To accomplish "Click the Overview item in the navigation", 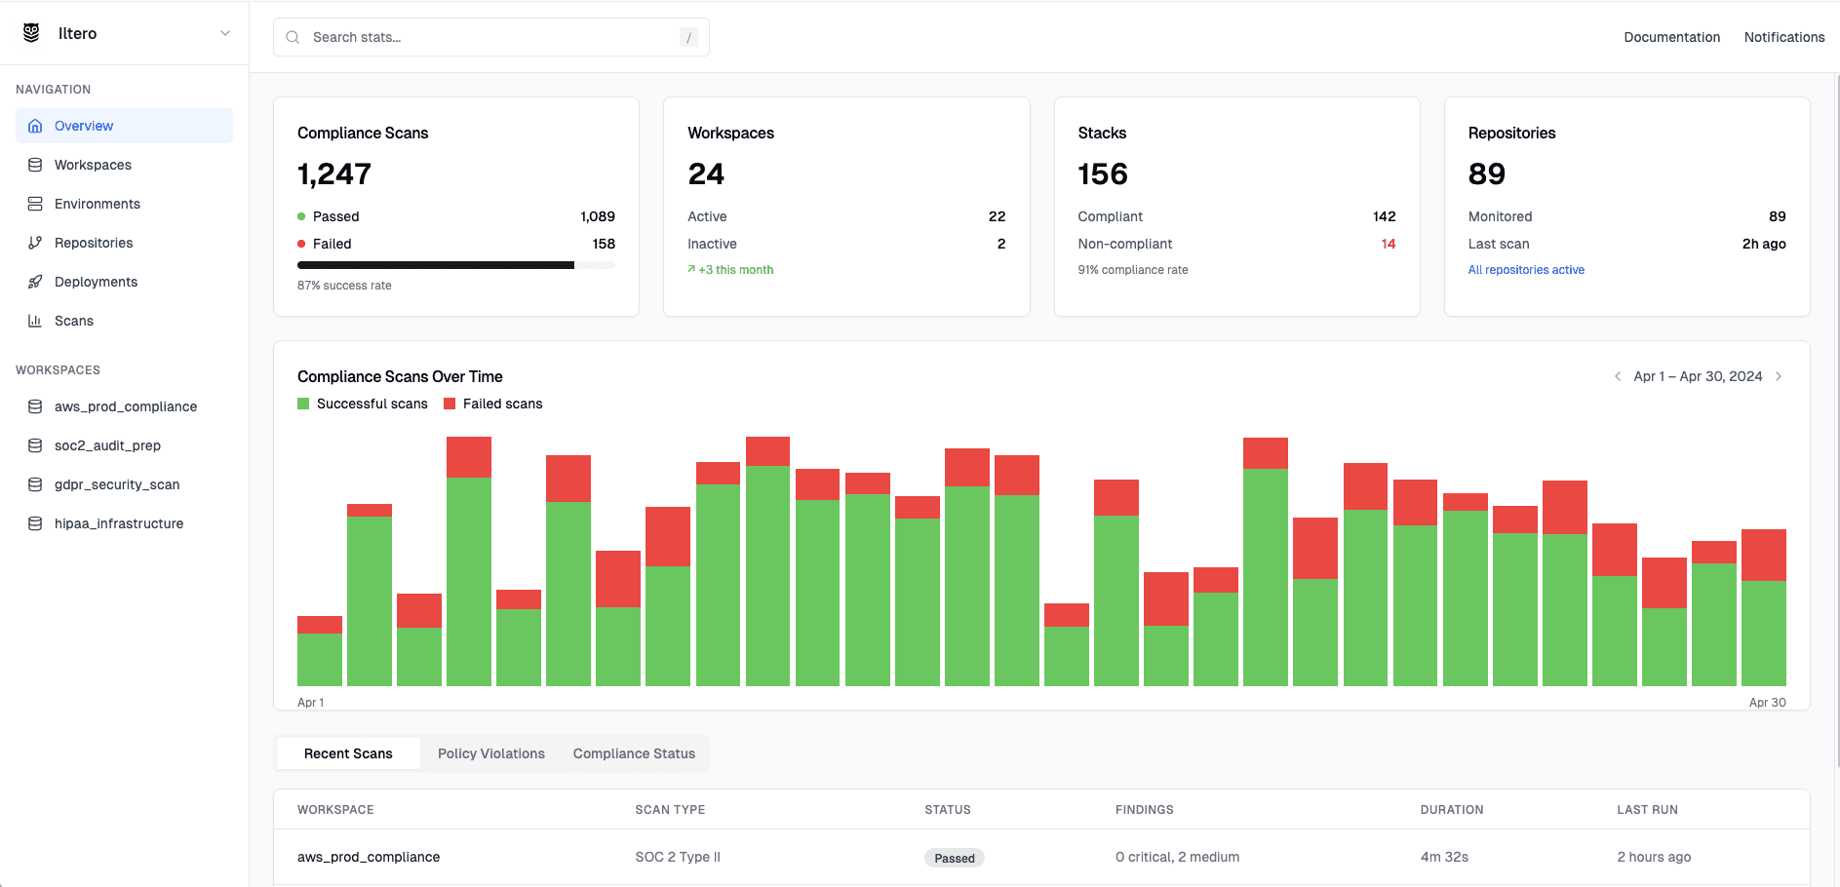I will click(x=84, y=126).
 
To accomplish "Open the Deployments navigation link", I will click(x=96, y=282).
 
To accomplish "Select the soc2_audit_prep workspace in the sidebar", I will click(x=107, y=445).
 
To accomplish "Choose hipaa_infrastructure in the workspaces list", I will click(x=119, y=523).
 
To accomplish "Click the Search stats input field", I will click(x=488, y=37).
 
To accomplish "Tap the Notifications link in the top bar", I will click(x=1783, y=37).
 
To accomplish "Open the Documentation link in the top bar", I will click(x=1671, y=37).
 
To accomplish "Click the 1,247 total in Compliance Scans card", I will click(x=334, y=174).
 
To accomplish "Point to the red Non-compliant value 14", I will click(x=1388, y=244).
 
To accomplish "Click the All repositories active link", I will click(x=1526, y=270).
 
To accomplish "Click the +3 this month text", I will click(x=735, y=270).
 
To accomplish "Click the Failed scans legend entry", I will click(x=493, y=404).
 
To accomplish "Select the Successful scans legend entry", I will click(x=363, y=404).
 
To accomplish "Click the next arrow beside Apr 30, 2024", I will click(x=1779, y=376).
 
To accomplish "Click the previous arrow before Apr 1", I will click(x=1618, y=376).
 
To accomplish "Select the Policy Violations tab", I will click(x=491, y=753).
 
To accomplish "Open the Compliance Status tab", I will click(x=634, y=753).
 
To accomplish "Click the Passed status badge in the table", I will click(x=954, y=858).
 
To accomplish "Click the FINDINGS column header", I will click(x=1144, y=810).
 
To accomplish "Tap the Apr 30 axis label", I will click(x=1767, y=702).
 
